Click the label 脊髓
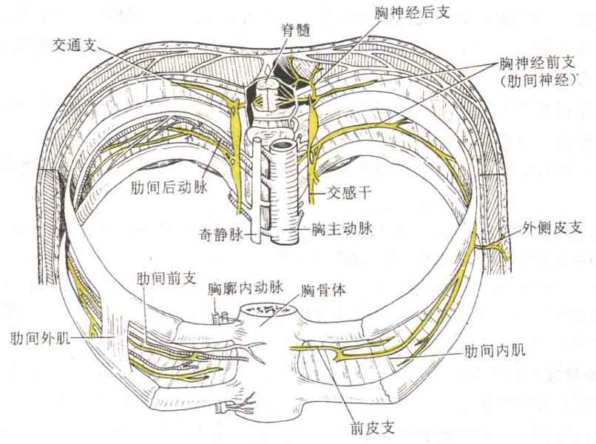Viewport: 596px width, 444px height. point(296,30)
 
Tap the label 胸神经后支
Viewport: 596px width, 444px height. point(412,13)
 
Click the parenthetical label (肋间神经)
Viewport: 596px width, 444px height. point(538,81)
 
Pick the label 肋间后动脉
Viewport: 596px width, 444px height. point(169,187)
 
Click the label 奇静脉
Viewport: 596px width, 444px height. point(221,235)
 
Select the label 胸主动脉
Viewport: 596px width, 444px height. point(342,229)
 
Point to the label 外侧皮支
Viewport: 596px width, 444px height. point(552,227)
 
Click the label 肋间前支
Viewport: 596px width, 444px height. point(166,279)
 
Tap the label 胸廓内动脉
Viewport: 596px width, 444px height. point(245,289)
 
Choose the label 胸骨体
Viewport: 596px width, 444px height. point(323,291)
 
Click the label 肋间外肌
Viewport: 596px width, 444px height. point(40,338)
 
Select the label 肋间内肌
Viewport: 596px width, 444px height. point(495,350)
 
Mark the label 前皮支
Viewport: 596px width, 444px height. point(373,428)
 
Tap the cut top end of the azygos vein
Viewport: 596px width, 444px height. point(257,140)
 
